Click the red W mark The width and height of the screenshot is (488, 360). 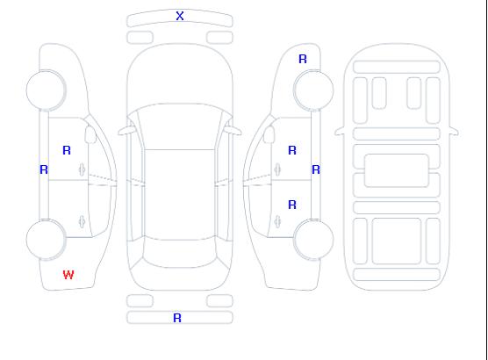click(68, 275)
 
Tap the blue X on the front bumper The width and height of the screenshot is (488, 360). click(180, 16)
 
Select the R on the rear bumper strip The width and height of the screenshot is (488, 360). click(177, 318)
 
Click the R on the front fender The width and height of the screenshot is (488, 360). click(303, 59)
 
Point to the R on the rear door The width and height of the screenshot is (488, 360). click(292, 205)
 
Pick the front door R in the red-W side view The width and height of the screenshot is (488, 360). click(67, 150)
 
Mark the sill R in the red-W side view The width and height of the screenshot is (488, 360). click(44, 169)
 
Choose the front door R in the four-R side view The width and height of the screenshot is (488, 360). click(292, 150)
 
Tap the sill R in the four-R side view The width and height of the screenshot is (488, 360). click(316, 169)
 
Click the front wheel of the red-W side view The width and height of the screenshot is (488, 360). click(46, 90)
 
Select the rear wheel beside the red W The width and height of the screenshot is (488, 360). click(46, 240)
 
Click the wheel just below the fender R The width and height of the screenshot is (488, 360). click(313, 90)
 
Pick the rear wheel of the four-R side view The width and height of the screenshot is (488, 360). click(313, 240)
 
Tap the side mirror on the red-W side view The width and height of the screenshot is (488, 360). click(90, 134)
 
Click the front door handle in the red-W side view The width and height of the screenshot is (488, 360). click(82, 169)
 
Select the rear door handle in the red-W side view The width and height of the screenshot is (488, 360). click(82, 221)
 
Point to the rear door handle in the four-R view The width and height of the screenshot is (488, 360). click(277, 221)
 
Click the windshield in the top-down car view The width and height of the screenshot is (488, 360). click(180, 126)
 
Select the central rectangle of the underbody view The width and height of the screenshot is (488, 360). click(397, 170)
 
